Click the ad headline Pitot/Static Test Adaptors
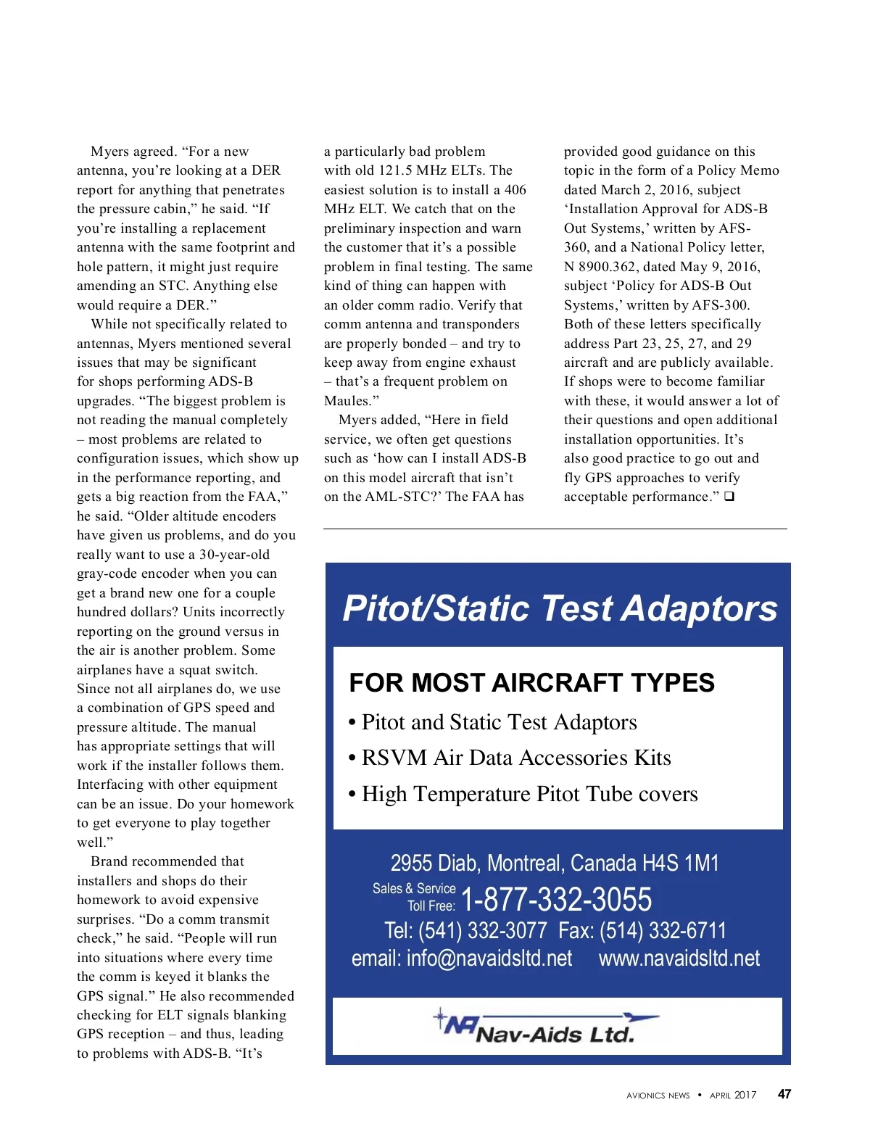pos(560,608)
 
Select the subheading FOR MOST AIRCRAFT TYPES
pos(531,683)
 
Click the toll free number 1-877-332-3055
pos(556,900)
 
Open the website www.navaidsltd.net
pos(679,959)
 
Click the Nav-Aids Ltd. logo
pos(545,1026)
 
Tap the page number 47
pos(784,1094)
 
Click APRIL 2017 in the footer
pos(733,1095)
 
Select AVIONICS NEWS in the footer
pos(658,1096)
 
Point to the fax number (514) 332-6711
pos(662,930)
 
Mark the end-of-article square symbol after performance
pos(729,497)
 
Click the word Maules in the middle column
pos(348,401)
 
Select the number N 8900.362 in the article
pos(601,267)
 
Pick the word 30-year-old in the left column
pos(234,555)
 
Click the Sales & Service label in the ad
pos(414,888)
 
